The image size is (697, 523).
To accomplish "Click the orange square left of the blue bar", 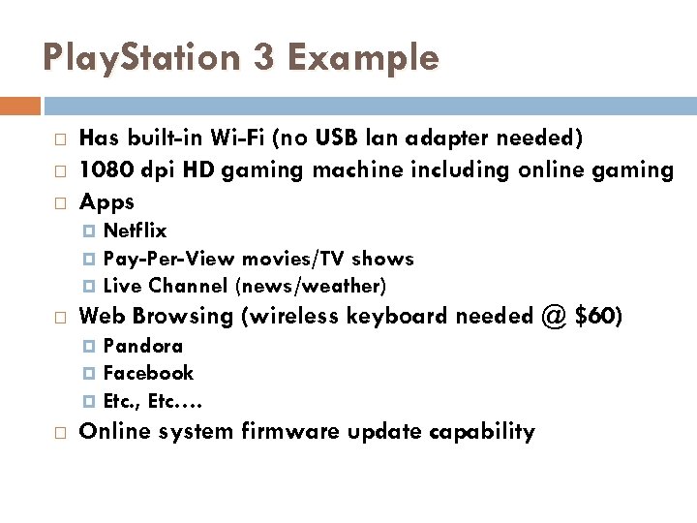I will (x=20, y=106).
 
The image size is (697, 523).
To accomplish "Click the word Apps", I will (x=106, y=202).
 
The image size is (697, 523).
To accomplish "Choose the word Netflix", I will (x=135, y=231).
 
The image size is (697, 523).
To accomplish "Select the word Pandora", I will (x=142, y=346).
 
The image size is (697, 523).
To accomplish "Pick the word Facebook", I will (x=148, y=373).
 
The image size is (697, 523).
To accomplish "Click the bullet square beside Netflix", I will (x=92, y=231).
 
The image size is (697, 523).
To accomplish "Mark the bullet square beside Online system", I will (x=60, y=432).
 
